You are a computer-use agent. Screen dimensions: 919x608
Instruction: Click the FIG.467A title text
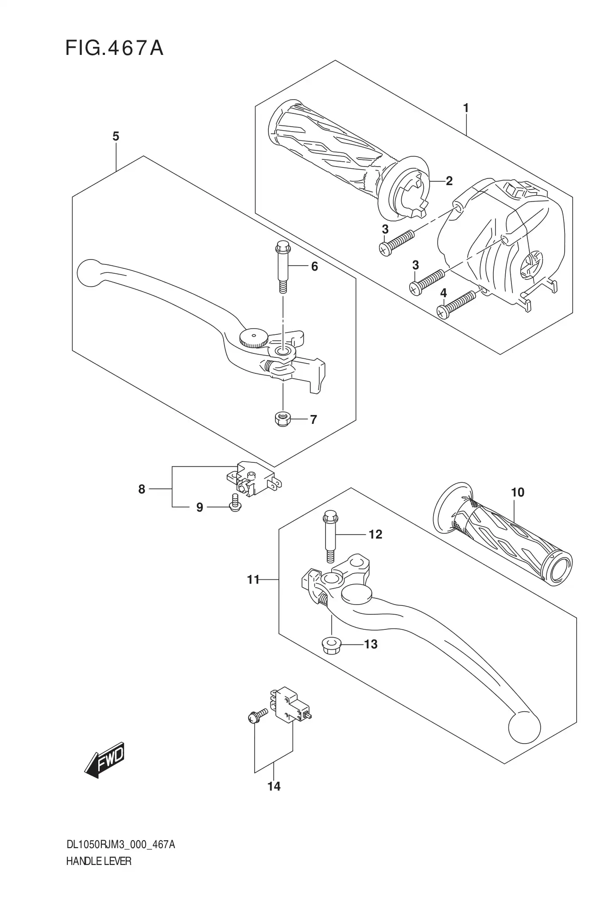coord(114,48)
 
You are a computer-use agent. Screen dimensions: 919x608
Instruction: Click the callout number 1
coord(465,108)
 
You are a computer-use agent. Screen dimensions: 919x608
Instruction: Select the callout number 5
coord(116,136)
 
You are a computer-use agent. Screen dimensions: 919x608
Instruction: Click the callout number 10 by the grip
coord(517,492)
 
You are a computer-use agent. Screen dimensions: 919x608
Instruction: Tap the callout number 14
coord(274,786)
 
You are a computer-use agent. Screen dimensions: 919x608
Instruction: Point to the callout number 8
coord(142,489)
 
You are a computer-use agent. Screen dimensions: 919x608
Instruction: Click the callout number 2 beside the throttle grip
coord(449,181)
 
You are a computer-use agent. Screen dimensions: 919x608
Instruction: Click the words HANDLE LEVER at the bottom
coord(99,861)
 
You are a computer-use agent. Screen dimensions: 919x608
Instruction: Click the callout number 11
coord(253,579)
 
